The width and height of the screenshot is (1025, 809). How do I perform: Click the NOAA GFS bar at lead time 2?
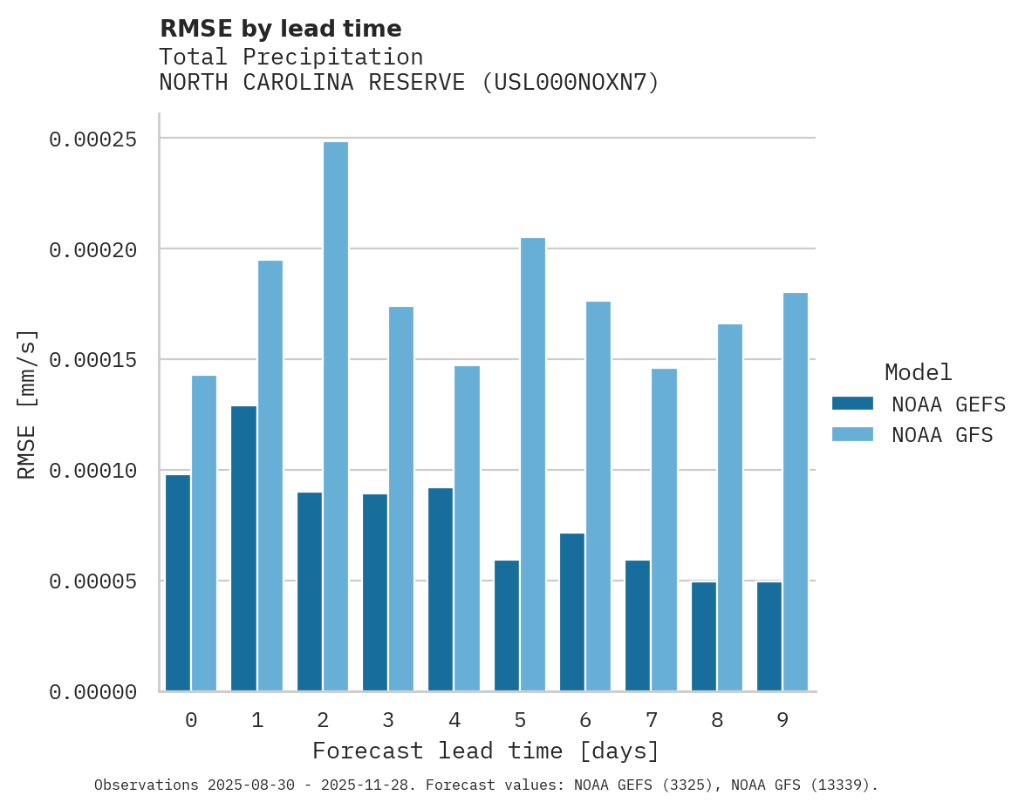coord(336,417)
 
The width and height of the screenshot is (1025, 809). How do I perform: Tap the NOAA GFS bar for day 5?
coord(533,465)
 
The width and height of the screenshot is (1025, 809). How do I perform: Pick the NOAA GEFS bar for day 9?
coord(769,636)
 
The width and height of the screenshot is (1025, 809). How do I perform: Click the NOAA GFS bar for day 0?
coord(204,534)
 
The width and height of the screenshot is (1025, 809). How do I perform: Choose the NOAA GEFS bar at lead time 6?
coord(572,612)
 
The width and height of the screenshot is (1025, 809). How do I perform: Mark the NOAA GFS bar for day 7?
coord(664,530)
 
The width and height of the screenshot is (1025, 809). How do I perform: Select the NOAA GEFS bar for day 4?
coord(441,589)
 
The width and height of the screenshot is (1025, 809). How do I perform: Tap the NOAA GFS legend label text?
coord(941,435)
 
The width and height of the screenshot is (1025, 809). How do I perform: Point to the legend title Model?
coord(918,372)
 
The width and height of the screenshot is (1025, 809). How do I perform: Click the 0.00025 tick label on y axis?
coord(92,139)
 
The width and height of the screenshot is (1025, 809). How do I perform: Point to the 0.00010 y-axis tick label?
coord(92,471)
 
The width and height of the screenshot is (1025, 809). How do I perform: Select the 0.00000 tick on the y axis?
coord(92,692)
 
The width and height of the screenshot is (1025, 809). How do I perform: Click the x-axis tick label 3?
coord(388,720)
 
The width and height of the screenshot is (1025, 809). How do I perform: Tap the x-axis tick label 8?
coord(716,720)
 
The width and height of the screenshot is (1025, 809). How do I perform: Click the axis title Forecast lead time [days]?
coord(486,751)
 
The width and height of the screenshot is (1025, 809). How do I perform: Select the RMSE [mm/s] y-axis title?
coord(28,404)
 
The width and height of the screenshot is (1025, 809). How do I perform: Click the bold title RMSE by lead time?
coord(280,29)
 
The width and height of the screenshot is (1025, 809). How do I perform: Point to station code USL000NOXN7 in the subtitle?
coord(571,83)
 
